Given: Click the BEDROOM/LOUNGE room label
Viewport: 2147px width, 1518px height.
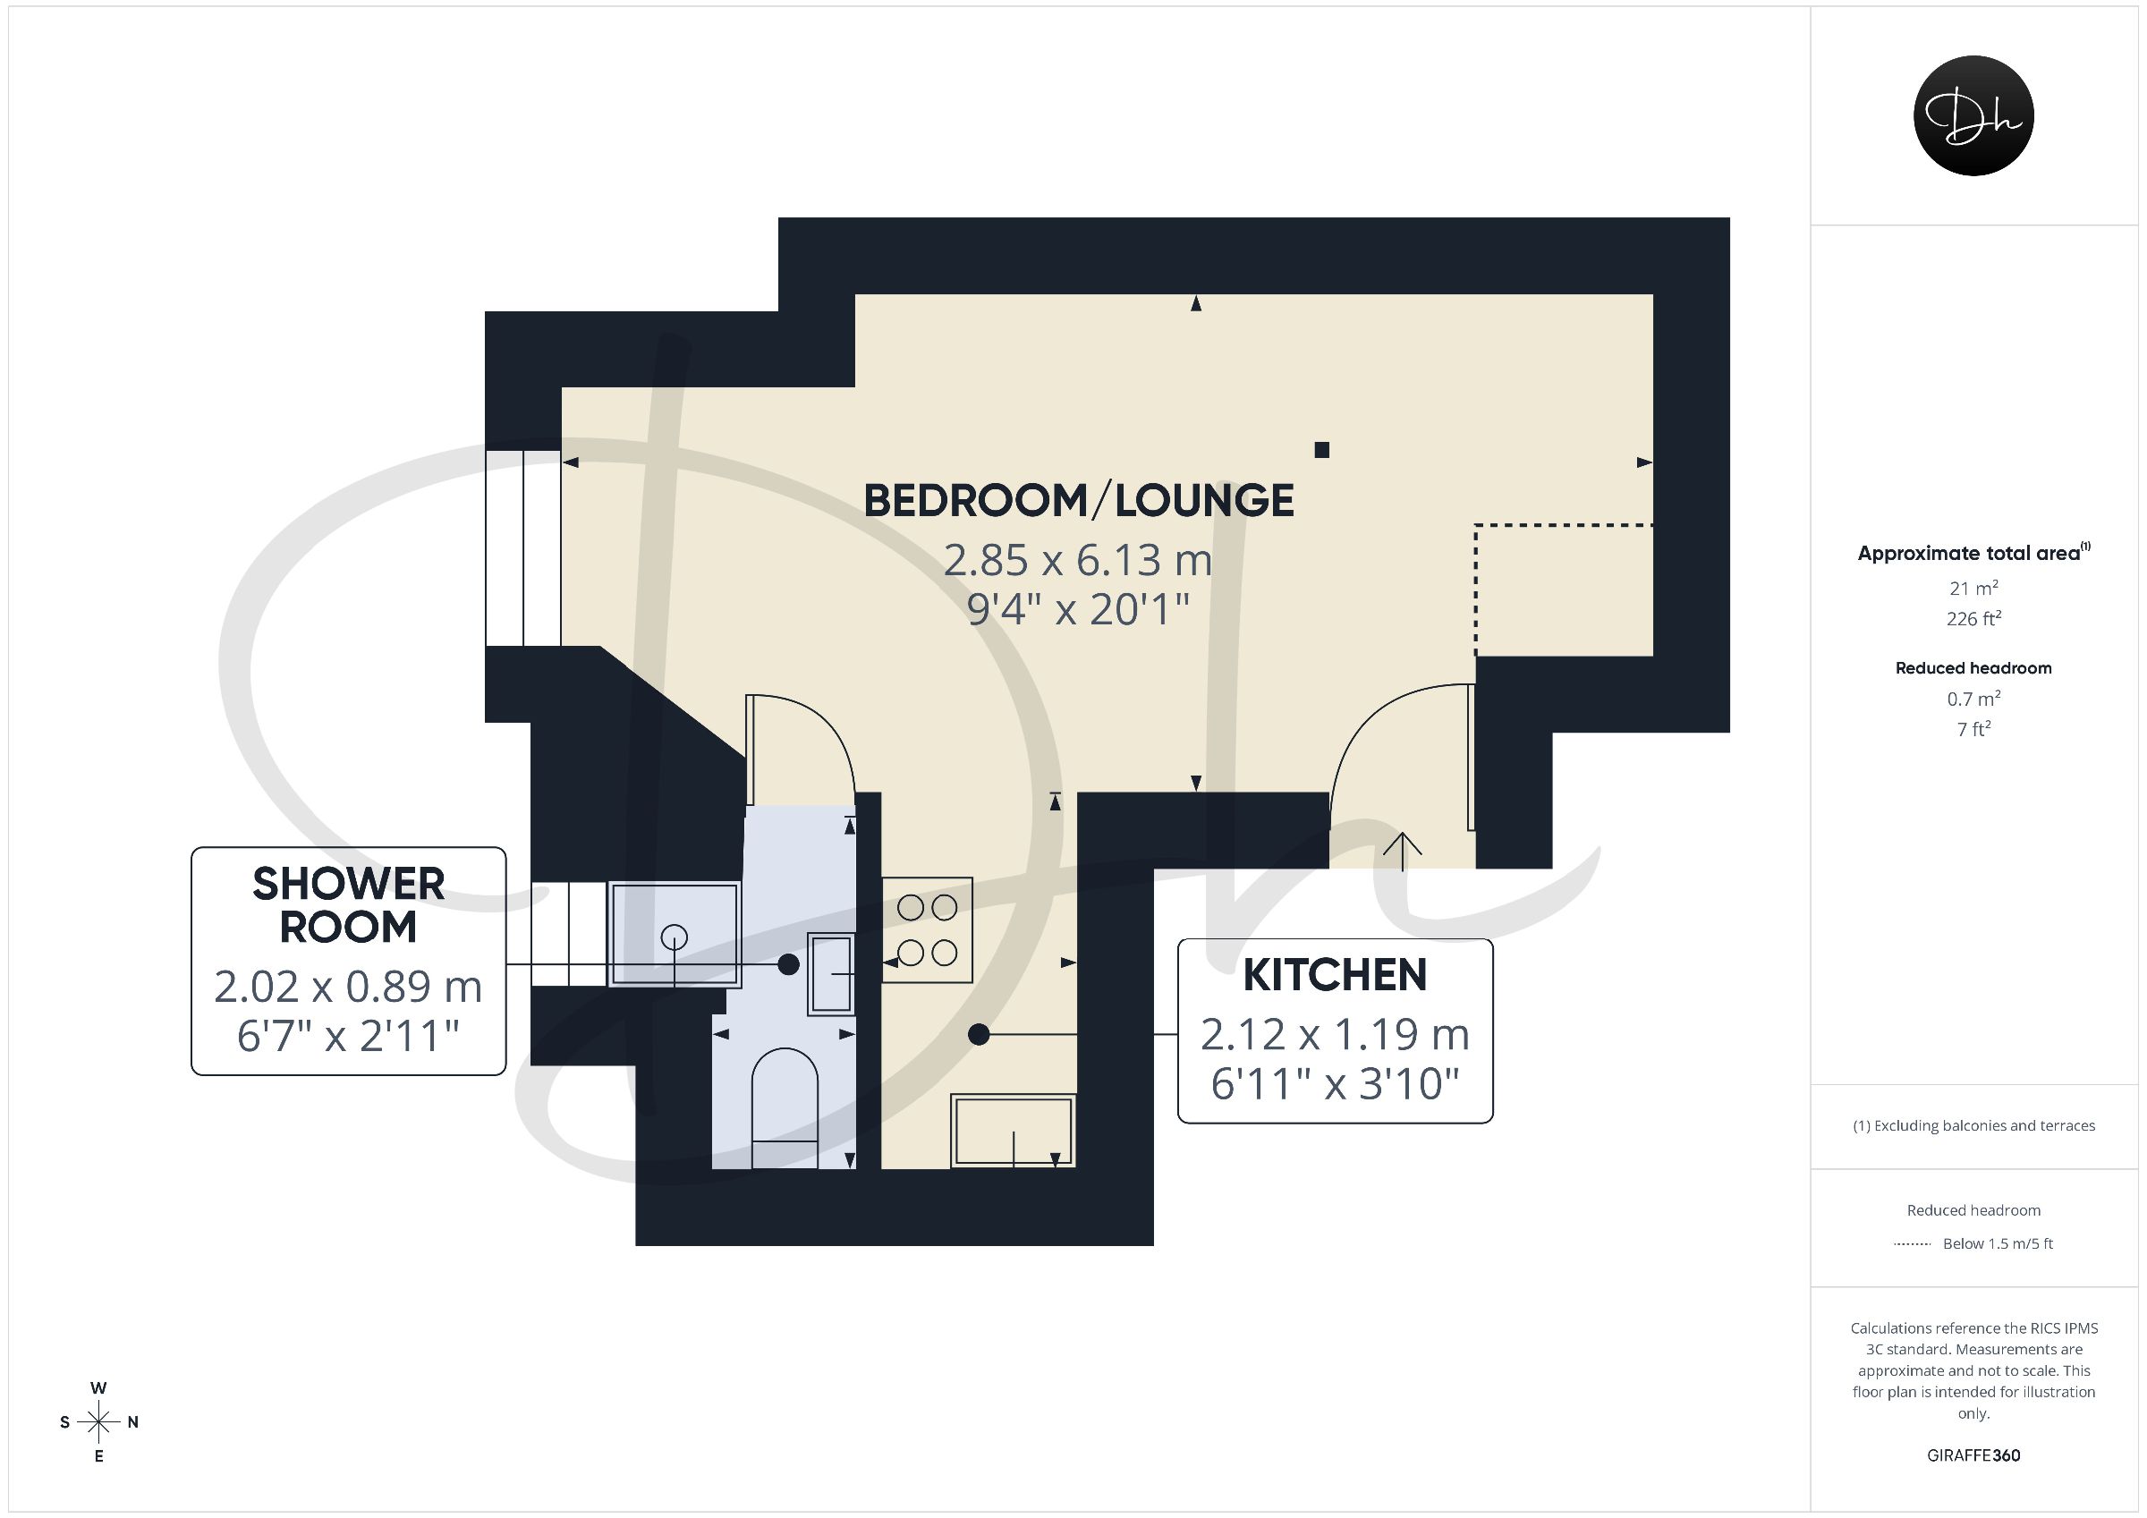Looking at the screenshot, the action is [1078, 500].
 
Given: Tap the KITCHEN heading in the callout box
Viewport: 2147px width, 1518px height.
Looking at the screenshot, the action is [1335, 976].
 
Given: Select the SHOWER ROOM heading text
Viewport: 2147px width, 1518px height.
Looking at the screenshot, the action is [348, 904].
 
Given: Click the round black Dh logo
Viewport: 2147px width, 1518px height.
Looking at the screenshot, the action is [1973, 115].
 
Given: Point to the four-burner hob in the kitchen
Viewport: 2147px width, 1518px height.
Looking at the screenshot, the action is [928, 929].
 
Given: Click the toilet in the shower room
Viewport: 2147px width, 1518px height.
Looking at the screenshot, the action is [785, 1108].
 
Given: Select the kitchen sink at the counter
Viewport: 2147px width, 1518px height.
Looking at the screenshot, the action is [1014, 1131].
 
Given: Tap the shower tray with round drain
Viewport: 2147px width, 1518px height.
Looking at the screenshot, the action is [675, 934].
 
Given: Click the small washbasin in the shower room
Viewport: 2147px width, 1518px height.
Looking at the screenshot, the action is [831, 973].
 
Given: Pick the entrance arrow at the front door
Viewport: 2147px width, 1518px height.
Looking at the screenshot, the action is [1403, 850].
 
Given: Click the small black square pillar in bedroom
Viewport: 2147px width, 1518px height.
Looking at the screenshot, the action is [1321, 450].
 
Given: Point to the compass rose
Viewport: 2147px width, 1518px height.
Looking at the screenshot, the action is [98, 1421].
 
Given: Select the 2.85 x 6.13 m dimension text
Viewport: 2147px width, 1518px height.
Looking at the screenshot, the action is [1077, 560].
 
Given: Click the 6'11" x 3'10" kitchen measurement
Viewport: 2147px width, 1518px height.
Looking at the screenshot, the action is [1335, 1084].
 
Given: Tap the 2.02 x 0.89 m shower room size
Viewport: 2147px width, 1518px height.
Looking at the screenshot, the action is [348, 987].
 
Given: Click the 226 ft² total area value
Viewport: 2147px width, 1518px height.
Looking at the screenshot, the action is [1973, 618].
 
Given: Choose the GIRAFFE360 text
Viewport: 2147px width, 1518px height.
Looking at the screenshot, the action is [1973, 1455].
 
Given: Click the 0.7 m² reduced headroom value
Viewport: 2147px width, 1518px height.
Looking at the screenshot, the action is [1973, 699].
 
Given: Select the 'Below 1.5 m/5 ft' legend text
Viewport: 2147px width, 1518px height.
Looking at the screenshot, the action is [1998, 1244].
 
